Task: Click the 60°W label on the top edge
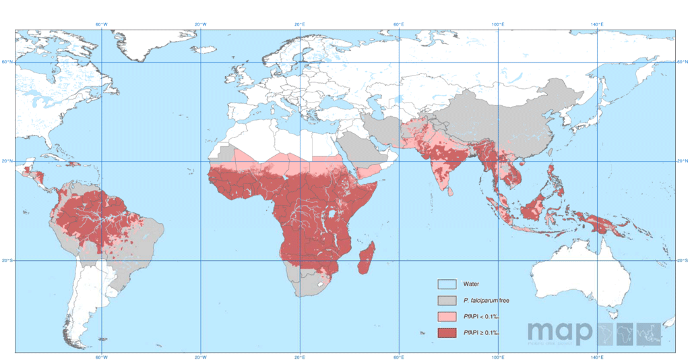(x=101, y=25)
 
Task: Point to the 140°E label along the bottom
(x=597, y=357)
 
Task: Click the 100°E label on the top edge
(x=498, y=25)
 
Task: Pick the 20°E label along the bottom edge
(x=300, y=357)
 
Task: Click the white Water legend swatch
(x=447, y=284)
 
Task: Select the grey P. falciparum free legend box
(x=447, y=300)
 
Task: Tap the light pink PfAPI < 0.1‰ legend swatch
(x=447, y=316)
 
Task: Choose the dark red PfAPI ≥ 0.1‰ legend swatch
(x=447, y=333)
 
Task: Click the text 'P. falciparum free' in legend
(x=485, y=300)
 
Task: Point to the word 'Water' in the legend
(x=472, y=284)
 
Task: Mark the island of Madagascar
(x=366, y=260)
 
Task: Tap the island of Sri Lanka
(x=449, y=189)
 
